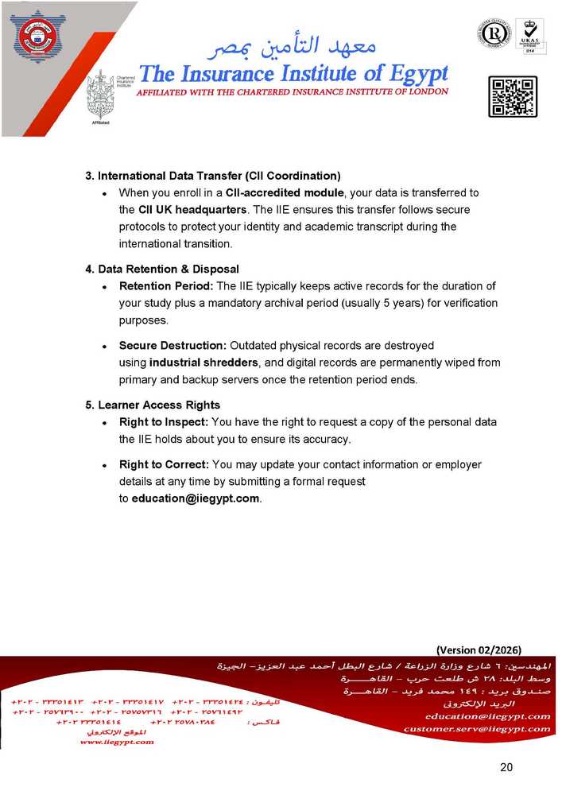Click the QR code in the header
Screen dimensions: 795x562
[x=512, y=97]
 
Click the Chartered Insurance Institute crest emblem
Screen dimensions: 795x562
[x=101, y=95]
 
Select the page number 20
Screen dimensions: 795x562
[x=506, y=766]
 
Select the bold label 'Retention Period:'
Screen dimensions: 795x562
[x=165, y=286]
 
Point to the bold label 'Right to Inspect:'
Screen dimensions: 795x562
[x=164, y=422]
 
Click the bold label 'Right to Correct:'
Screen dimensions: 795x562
[x=164, y=464]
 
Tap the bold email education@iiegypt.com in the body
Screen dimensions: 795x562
[x=195, y=498]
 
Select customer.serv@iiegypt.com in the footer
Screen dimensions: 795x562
[x=476, y=729]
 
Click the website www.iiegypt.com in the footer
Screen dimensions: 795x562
[x=117, y=742]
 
